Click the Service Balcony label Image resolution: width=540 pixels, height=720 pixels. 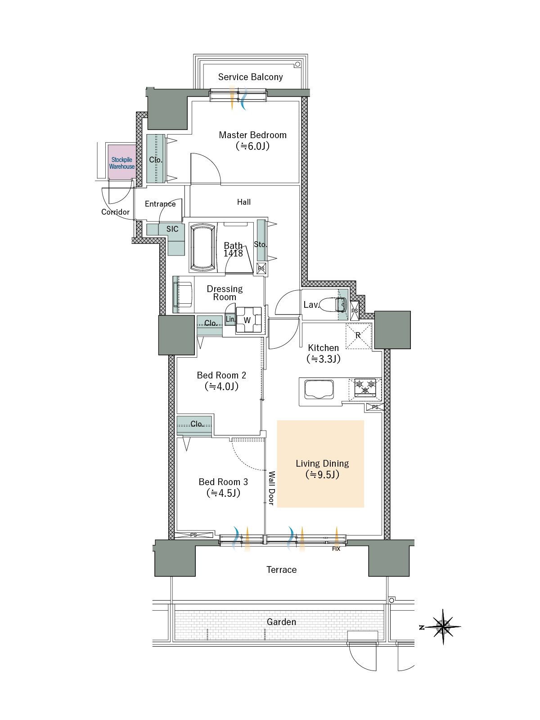pyautogui.click(x=250, y=77)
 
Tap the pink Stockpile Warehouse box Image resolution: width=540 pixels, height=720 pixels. pyautogui.click(x=122, y=162)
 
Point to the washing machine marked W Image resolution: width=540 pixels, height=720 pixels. pyautogui.click(x=248, y=320)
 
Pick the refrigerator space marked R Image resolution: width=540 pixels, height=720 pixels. pyautogui.click(x=358, y=336)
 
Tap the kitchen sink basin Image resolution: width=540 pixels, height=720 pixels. pyautogui.click(x=319, y=389)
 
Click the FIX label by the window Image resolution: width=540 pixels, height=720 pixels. pyautogui.click(x=336, y=549)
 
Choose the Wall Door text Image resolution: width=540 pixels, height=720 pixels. pyautogui.click(x=271, y=488)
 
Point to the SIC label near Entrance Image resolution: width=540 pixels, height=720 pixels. pyautogui.click(x=172, y=229)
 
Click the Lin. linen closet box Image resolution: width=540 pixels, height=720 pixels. pyautogui.click(x=230, y=319)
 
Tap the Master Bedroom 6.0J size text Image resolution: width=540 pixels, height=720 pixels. pyautogui.click(x=252, y=146)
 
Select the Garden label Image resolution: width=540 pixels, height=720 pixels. pyautogui.click(x=281, y=622)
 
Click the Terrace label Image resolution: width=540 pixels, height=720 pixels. pyautogui.click(x=281, y=570)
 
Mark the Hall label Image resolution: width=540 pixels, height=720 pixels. pyautogui.click(x=243, y=202)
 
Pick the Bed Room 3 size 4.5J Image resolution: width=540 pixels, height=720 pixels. pyautogui.click(x=223, y=493)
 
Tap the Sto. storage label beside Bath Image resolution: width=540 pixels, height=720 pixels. pyautogui.click(x=261, y=244)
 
